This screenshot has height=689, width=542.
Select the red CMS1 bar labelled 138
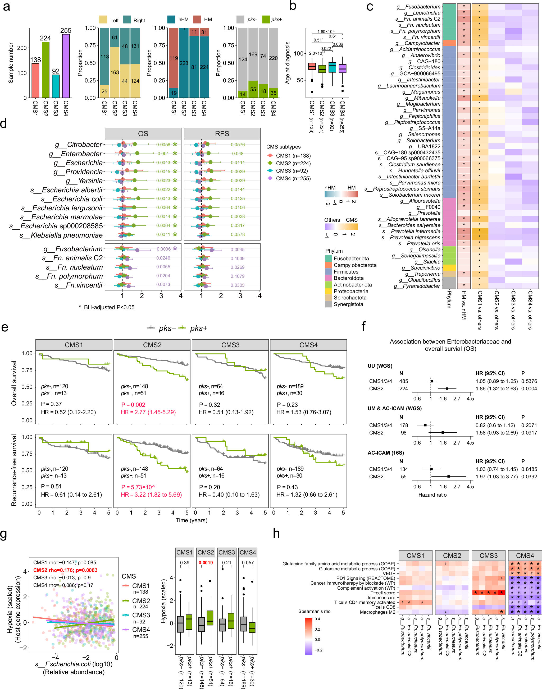point(35,81)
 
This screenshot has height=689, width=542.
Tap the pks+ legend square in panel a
point(266,19)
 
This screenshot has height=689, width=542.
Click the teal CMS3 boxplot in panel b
point(332,67)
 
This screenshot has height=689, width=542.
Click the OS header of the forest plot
point(143,133)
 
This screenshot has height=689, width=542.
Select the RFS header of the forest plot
point(222,133)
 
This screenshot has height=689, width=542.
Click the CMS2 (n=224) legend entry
point(293,163)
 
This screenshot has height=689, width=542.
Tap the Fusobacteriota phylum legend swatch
point(329,258)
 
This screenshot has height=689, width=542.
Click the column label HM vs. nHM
point(464,304)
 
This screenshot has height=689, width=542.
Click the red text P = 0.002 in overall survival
point(133,405)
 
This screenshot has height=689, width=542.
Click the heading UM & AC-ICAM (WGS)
point(394,408)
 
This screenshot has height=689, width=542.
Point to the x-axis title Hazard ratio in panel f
point(432,495)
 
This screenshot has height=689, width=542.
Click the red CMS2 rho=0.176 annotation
point(65,570)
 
